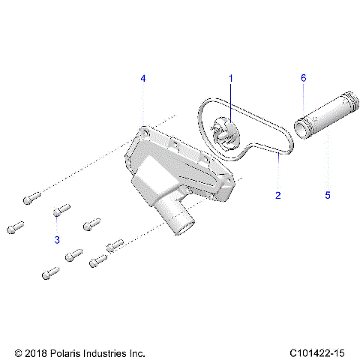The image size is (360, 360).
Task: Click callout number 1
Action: click(x=231, y=78)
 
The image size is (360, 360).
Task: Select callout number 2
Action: click(x=277, y=195)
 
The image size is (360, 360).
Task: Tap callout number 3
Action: click(x=56, y=239)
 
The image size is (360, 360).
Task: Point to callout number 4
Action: click(x=143, y=78)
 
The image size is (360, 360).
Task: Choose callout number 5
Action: click(x=327, y=195)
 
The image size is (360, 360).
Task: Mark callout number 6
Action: click(x=304, y=78)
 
